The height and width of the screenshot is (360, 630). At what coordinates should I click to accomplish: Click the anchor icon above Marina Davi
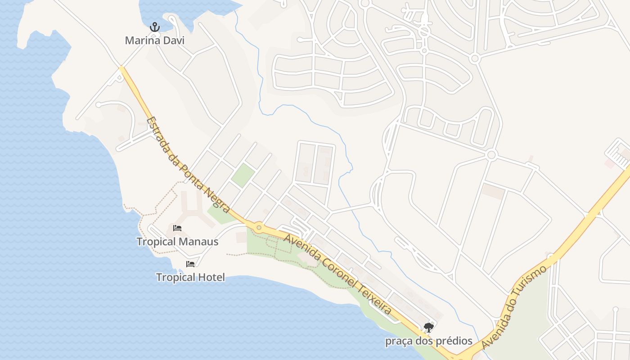tap(155, 27)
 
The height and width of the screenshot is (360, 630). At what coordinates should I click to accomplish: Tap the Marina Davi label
tap(155, 40)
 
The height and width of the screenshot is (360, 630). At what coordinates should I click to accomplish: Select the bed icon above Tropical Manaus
tap(177, 228)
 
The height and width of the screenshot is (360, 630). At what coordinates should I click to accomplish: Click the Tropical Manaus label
tap(177, 242)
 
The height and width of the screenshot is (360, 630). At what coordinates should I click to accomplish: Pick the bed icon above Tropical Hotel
tap(190, 264)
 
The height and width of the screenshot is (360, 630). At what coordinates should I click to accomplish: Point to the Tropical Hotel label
tap(190, 277)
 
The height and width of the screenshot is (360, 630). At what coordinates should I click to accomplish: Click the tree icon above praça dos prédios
tap(429, 328)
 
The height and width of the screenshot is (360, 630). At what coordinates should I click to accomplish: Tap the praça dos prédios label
tap(429, 341)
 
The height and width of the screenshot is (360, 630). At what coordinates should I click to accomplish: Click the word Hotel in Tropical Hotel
tap(211, 277)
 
